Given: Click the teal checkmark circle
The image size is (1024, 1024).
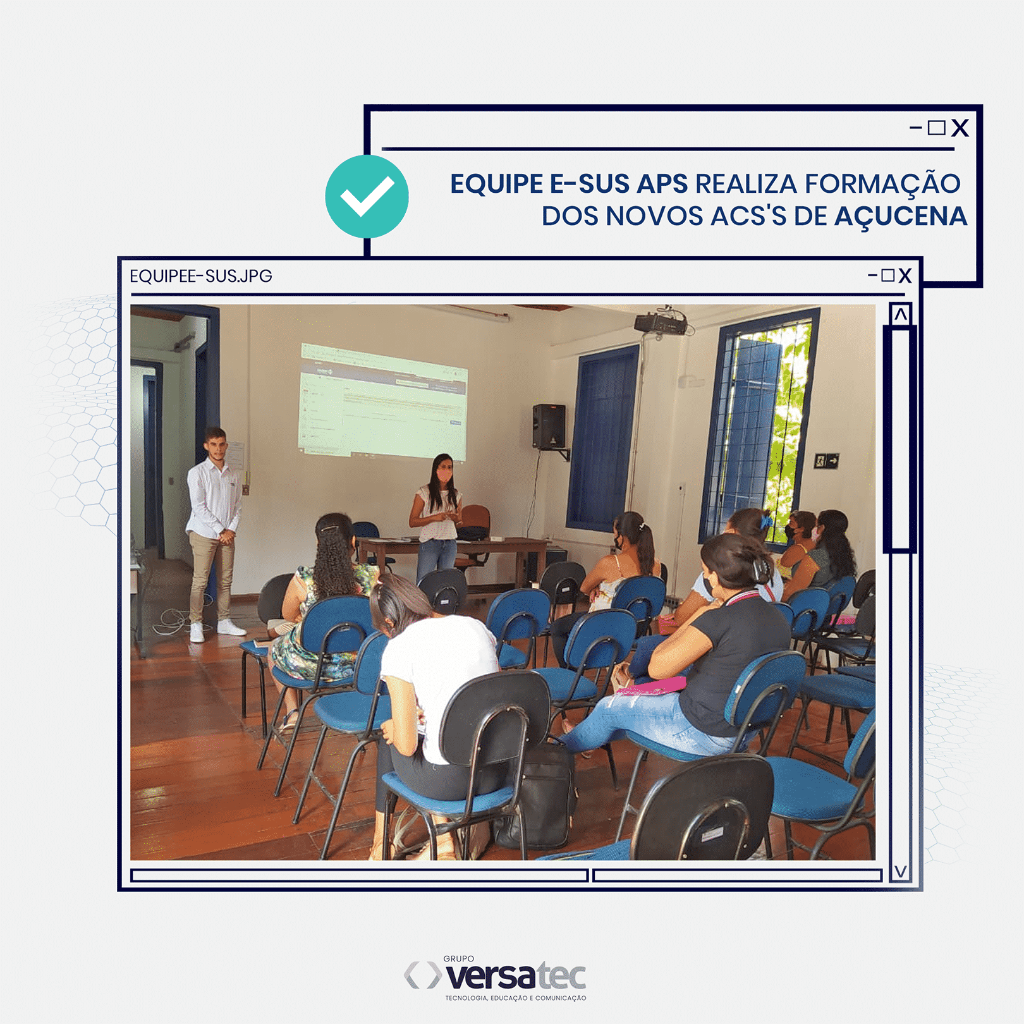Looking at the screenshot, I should pos(367,197).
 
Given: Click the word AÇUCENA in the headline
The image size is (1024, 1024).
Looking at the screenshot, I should pos(901,216).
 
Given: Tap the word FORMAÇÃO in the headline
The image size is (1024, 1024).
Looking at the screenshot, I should pos(882,184).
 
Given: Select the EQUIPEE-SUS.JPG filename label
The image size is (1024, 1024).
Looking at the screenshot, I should pos(200,276).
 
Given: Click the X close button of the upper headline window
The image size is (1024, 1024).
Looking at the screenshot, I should pos(960,128).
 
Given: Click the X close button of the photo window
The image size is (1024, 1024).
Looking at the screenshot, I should pos(905,276).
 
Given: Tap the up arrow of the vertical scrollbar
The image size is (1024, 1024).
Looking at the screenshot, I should pos(900,314).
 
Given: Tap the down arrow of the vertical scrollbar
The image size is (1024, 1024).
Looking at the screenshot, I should pos(900,872).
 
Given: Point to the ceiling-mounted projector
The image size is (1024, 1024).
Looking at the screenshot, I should pos(660,323).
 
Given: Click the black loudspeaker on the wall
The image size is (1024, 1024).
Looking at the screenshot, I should pos(549,427).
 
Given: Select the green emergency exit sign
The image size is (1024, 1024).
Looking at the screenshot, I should pos(826,461).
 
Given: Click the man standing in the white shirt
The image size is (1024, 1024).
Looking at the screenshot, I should pos(214,518).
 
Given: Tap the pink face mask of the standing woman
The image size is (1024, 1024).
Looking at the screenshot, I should pos(444,475).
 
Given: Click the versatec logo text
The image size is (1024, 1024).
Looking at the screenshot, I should pos(515,977).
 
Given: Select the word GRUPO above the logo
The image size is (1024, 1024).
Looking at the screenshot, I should pos(459,959).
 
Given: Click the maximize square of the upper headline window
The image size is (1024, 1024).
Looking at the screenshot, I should pos(936,128).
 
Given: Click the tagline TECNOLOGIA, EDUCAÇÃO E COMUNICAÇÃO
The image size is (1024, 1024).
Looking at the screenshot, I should pos(515,998).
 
